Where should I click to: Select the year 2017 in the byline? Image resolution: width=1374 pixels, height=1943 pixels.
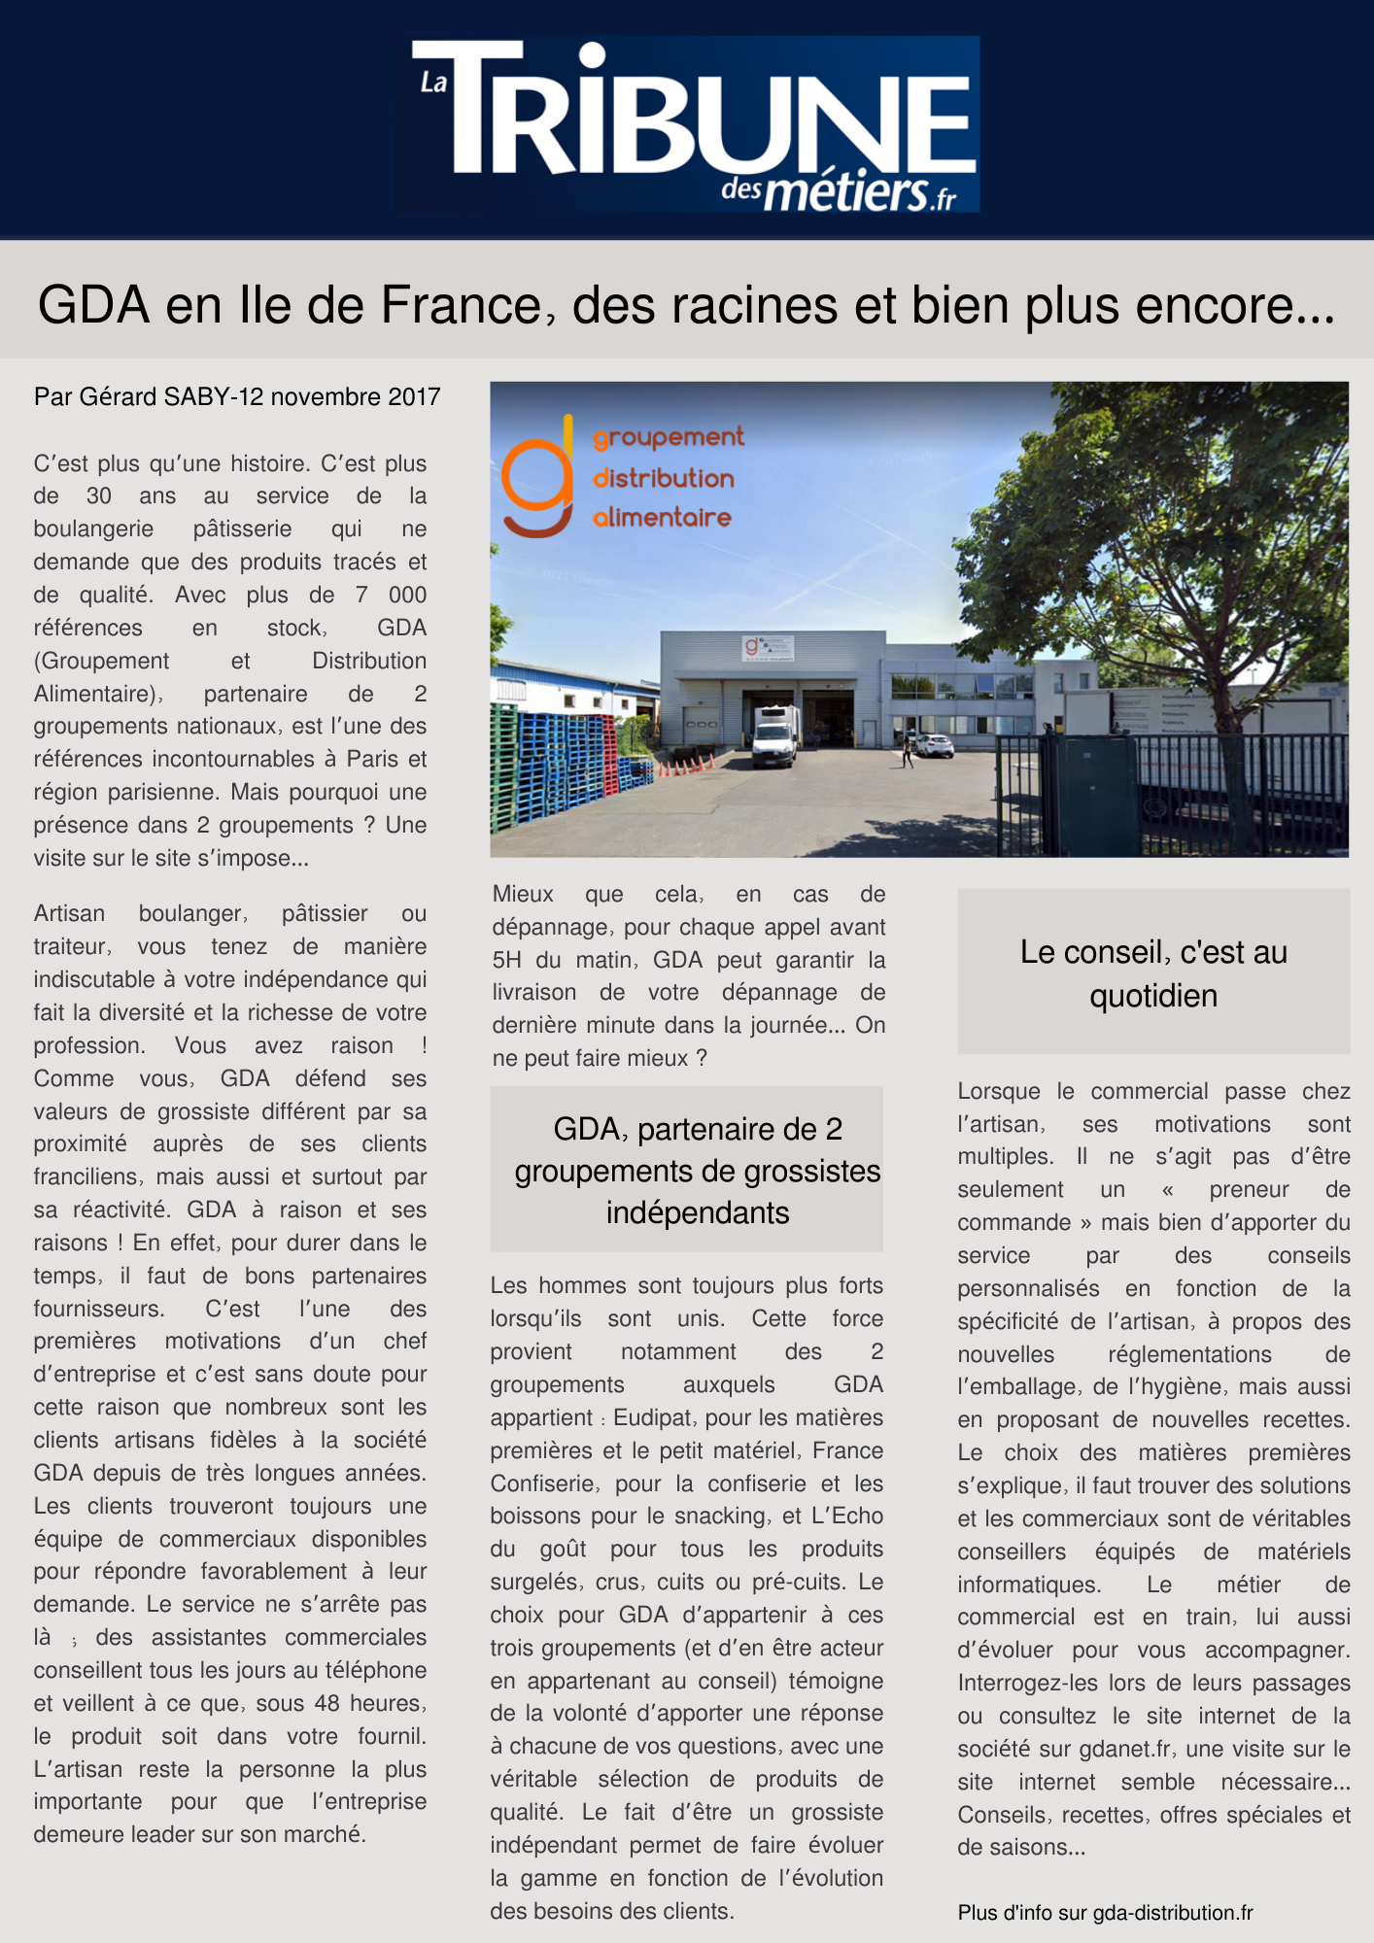[414, 397]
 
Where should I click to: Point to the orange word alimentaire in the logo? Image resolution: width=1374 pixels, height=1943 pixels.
[662, 518]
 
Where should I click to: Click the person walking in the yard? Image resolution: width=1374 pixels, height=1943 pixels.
[907, 750]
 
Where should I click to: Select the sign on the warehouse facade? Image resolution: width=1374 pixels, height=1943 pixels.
[769, 647]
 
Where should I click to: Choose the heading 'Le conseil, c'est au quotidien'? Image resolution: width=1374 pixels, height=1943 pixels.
[1153, 972]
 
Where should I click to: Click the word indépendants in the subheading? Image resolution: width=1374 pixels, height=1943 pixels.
[697, 1213]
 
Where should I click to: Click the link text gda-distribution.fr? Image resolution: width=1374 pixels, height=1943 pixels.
[1173, 1913]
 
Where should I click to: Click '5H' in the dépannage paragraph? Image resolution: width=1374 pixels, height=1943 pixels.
[507, 961]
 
